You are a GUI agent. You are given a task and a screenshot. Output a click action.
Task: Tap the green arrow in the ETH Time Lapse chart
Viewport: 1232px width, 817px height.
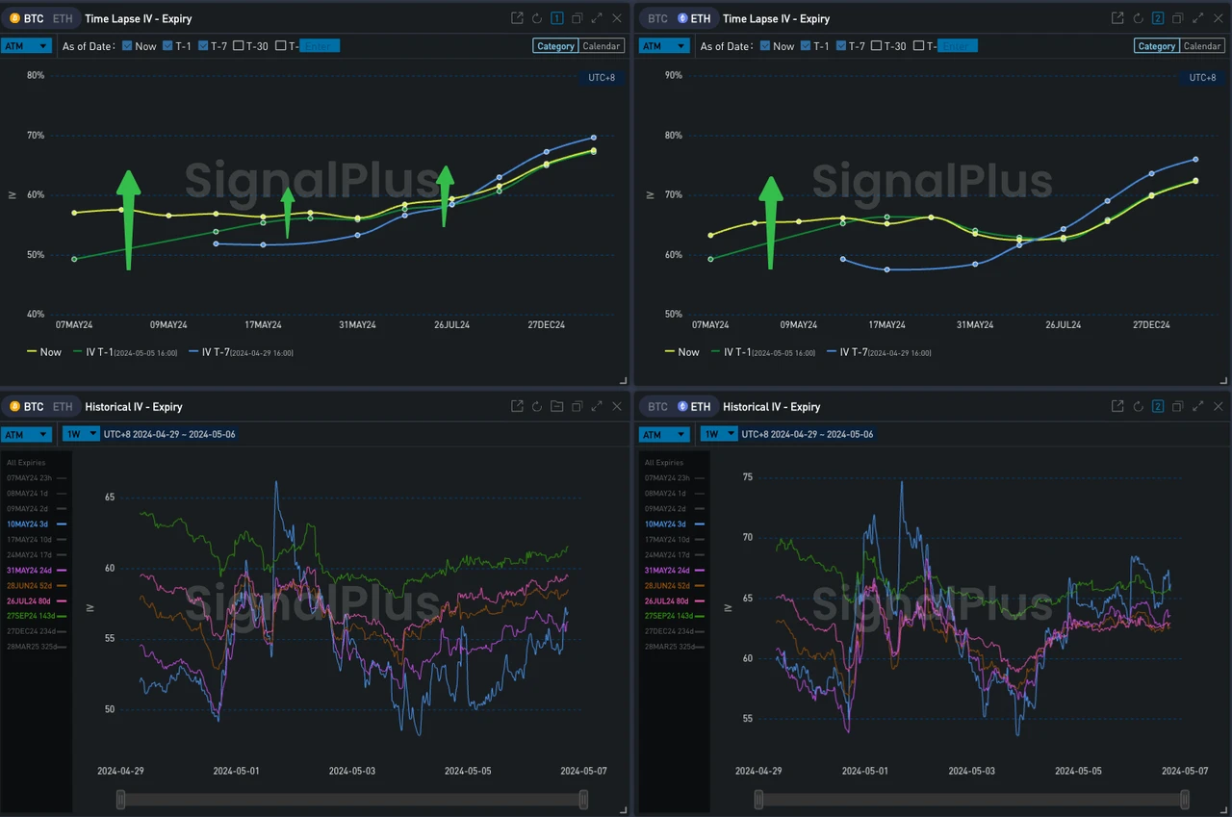pos(771,222)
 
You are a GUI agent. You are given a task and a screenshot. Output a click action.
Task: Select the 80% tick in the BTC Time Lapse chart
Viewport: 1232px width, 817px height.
pos(36,75)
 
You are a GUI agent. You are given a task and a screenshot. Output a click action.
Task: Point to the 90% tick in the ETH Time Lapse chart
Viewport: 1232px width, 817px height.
pos(674,75)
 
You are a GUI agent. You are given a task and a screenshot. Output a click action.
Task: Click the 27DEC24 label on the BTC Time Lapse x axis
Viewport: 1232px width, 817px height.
pos(545,325)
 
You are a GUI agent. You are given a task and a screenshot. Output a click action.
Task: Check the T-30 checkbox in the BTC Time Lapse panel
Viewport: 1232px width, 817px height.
pos(239,46)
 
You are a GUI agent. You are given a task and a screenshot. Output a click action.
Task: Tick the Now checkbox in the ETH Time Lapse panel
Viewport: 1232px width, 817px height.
pos(765,46)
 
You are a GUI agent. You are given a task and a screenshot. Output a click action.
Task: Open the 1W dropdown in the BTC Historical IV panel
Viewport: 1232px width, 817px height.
pos(81,434)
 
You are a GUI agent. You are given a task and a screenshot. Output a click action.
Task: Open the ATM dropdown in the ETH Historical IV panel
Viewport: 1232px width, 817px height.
pos(664,434)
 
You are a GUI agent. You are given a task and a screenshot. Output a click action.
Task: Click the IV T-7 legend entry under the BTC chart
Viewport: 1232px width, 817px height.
pos(241,352)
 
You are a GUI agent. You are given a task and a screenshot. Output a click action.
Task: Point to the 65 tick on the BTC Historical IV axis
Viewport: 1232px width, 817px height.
pos(110,498)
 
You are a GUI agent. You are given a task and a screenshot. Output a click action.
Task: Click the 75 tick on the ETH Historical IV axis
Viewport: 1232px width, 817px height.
pos(748,476)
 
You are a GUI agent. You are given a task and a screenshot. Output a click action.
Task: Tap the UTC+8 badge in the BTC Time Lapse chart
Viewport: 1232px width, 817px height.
pos(602,78)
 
